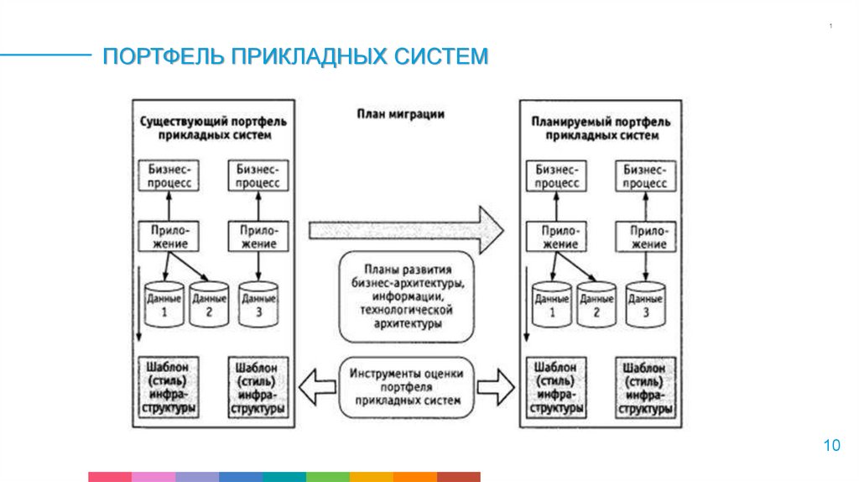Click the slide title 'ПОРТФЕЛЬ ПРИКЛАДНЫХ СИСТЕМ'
pos(294,57)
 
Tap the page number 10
pos(831,445)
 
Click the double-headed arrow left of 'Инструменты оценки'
pos(316,387)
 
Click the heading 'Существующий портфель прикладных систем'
pos(213,128)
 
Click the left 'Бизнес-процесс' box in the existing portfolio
pos(169,175)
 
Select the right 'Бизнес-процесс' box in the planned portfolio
pos(645,175)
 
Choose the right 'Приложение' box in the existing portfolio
pos(258,235)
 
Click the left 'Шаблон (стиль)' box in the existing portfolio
pos(169,387)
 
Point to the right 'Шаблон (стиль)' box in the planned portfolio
pos(645,388)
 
